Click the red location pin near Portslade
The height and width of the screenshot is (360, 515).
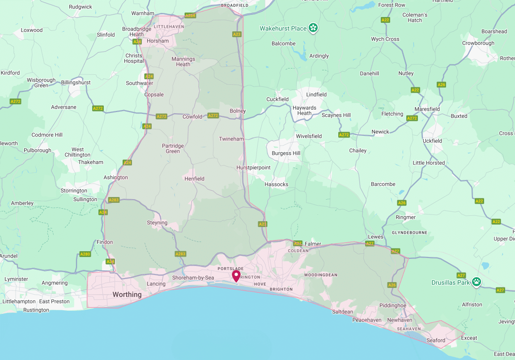[236, 275]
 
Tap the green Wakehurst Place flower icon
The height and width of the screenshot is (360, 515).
[314, 28]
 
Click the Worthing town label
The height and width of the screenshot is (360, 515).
[127, 295]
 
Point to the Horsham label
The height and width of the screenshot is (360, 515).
[157, 41]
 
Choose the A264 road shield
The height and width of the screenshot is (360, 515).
[191, 16]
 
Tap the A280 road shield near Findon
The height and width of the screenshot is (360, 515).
[85, 254]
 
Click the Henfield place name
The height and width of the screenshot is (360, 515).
[194, 179]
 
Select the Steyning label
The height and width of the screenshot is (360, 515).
[157, 223]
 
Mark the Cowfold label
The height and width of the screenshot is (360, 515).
[192, 117]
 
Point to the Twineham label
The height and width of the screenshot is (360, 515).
[231, 139]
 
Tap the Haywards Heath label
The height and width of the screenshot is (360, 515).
[304, 111]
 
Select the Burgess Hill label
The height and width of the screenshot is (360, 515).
[286, 153]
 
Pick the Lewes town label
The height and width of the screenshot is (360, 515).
[375, 236]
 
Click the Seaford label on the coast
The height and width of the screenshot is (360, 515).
[435, 340]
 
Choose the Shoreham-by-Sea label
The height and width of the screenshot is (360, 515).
[193, 278]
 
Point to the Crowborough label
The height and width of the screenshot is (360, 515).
[478, 43]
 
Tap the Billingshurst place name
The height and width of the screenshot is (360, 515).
[76, 82]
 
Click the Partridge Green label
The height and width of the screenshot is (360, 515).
[173, 148]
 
